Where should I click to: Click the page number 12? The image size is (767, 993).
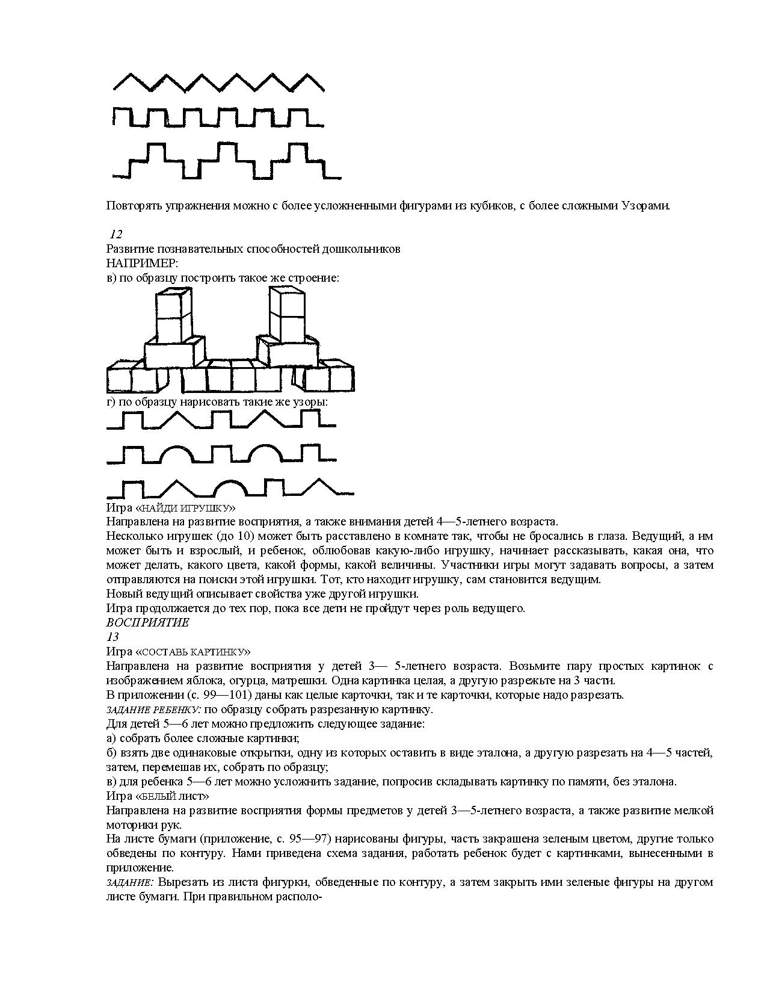tap(116, 235)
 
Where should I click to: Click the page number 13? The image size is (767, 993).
tap(112, 637)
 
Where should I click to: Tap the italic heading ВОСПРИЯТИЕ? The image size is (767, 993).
tap(147, 622)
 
